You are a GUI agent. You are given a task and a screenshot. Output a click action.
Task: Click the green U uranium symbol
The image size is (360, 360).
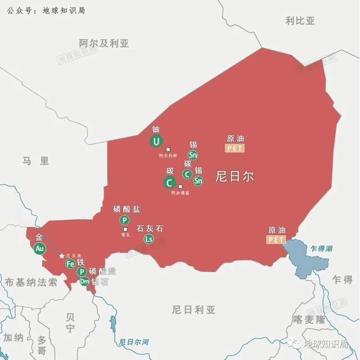[156, 141]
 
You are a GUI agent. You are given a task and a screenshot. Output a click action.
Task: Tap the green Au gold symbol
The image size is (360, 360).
[39, 249]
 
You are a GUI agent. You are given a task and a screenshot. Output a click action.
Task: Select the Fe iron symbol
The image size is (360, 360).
[70, 264]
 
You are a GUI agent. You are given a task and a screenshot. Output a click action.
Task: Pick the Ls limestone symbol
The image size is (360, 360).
[148, 239]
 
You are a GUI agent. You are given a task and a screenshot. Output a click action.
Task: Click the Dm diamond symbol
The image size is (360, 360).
[84, 281]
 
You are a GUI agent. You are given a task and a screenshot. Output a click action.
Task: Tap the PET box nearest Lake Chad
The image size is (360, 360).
[277, 240]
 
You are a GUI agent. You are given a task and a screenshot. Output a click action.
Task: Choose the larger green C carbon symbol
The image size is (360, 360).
[169, 182]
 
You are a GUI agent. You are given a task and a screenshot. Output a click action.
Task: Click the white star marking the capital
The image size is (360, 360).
[62, 256]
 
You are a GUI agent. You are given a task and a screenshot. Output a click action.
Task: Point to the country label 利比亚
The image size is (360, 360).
[300, 21]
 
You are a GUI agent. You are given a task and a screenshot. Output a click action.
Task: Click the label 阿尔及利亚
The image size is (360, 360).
[104, 43]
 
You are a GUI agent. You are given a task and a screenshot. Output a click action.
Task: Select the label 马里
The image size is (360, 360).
[36, 161]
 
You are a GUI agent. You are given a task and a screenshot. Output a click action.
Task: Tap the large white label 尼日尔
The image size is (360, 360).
[235, 176]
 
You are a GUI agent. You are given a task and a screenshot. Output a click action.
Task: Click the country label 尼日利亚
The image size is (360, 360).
[194, 309]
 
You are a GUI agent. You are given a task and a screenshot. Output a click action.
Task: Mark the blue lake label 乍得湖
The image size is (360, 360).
[322, 248]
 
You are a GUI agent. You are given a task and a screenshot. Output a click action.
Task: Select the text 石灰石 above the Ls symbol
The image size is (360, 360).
[150, 228]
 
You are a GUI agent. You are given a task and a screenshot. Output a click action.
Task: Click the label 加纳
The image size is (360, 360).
[13, 337]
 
